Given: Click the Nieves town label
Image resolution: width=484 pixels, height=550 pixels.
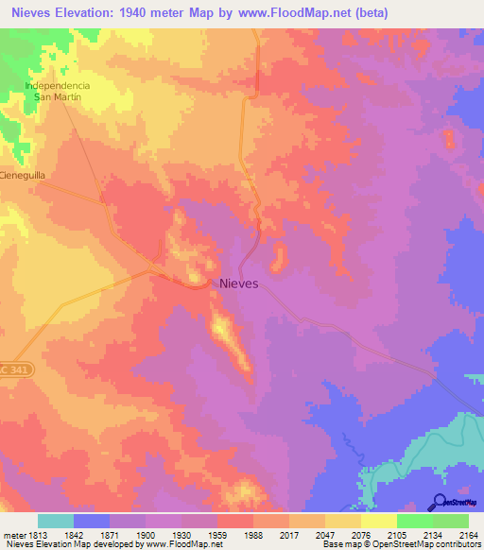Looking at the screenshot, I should tap(239, 282).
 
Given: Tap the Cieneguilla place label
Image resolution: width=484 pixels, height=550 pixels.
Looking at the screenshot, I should tap(23, 176).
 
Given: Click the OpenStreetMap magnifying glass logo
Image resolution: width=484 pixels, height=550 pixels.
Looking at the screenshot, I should tap(439, 502).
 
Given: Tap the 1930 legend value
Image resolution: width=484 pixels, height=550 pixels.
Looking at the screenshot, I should tap(182, 533).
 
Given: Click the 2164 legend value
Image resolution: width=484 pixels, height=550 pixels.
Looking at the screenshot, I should tap(468, 533).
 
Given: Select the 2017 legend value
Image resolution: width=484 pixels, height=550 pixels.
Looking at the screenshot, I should tap(289, 533).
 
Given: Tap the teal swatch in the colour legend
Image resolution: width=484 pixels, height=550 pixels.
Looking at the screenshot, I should tap(56, 520).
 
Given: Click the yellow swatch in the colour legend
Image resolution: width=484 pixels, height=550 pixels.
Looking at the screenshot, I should tap(378, 520).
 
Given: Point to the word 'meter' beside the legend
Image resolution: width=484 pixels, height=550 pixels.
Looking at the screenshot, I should tap(12, 533).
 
